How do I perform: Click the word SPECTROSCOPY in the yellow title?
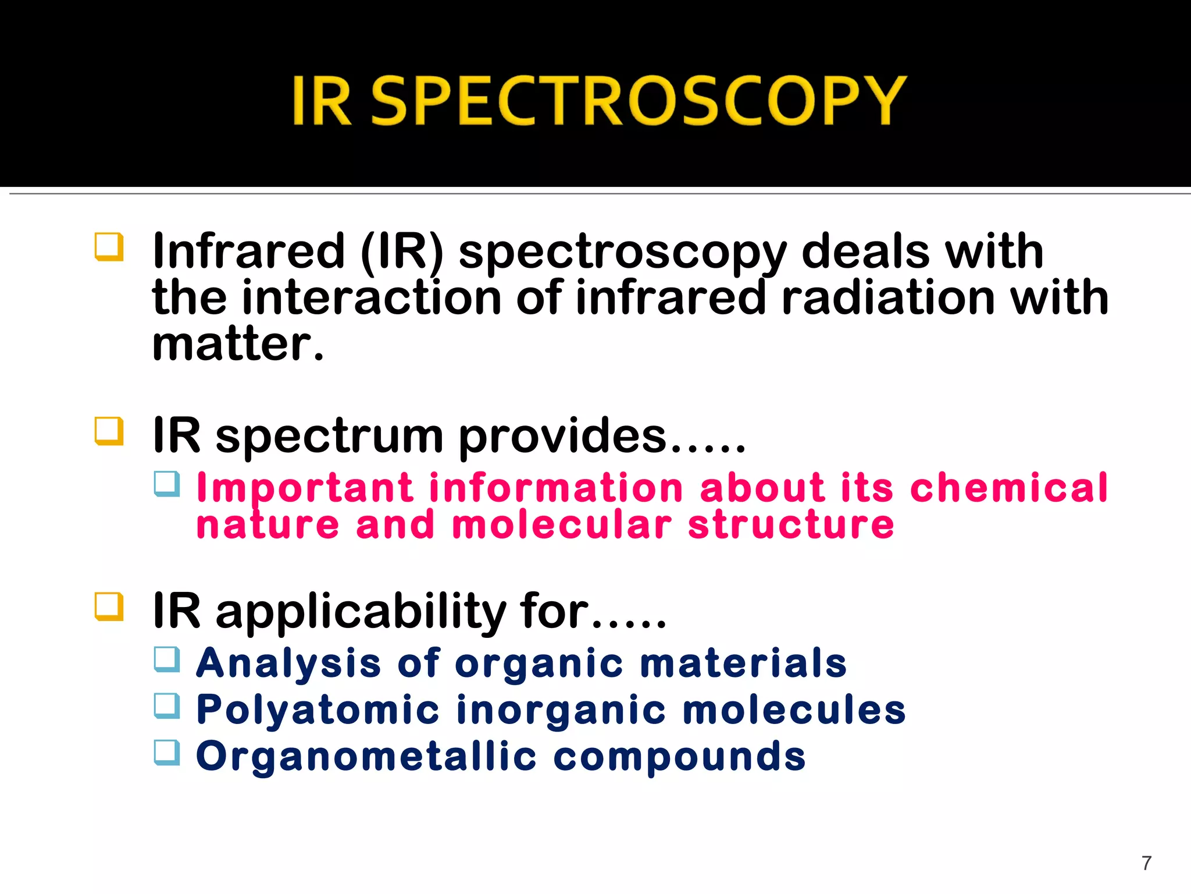(x=638, y=100)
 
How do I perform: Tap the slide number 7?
(x=1146, y=863)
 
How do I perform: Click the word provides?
(x=562, y=437)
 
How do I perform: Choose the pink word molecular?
(x=562, y=525)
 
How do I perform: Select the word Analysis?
(x=288, y=664)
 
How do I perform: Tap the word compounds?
(x=679, y=757)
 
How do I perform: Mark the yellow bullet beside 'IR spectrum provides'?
(x=109, y=431)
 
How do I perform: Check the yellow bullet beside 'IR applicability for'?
(x=109, y=606)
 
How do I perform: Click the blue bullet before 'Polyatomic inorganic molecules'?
(x=167, y=705)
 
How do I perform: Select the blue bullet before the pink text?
(x=167, y=484)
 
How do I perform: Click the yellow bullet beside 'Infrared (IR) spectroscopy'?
(x=109, y=247)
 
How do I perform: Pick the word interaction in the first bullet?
(x=371, y=298)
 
